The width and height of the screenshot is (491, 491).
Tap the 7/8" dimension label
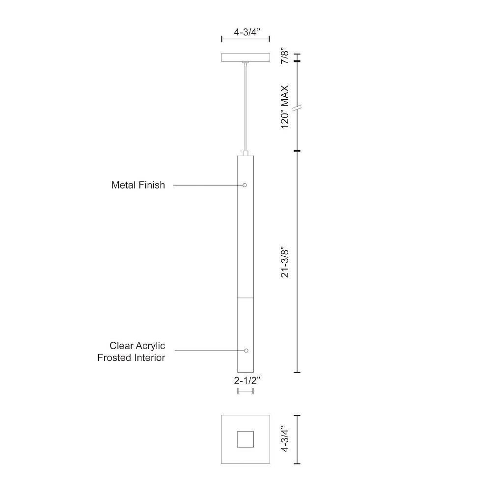[x=285, y=56]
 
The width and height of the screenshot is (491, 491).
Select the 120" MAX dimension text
[x=285, y=107]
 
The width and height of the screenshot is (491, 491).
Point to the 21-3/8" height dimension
[x=285, y=263]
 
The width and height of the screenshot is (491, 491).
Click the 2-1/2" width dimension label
[x=247, y=381]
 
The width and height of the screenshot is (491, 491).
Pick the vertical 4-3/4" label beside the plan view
[x=285, y=438]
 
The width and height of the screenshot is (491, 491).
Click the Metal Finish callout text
[x=138, y=185]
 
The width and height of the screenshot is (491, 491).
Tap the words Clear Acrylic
[x=137, y=346]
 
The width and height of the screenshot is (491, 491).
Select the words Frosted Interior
[x=131, y=357]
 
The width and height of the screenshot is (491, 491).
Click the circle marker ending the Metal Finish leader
[x=245, y=185]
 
